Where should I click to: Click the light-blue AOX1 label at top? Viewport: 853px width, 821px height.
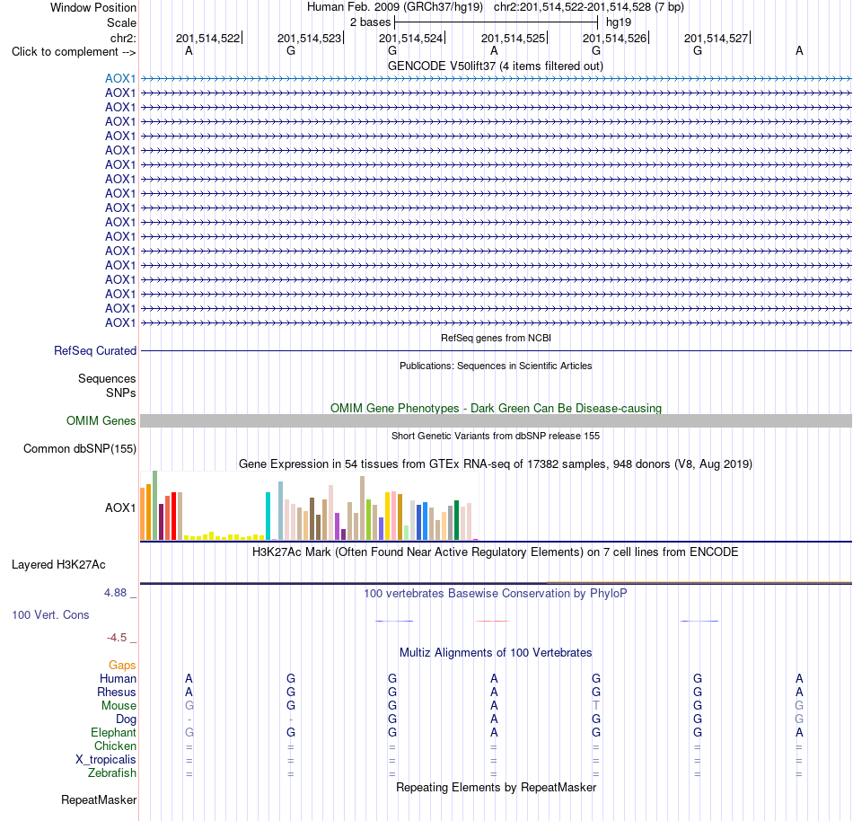coord(120,79)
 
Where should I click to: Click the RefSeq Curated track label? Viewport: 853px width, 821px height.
coord(95,351)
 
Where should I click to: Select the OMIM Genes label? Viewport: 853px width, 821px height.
coord(101,421)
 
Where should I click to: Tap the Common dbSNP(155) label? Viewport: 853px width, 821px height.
coord(80,449)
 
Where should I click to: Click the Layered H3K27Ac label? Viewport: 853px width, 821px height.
coord(58,565)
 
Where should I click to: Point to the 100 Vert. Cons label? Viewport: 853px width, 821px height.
coord(50,614)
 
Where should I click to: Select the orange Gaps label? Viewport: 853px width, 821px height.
coord(122,666)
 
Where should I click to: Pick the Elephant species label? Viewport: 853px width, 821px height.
coord(114,733)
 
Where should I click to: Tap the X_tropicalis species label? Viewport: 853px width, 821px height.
coord(106,760)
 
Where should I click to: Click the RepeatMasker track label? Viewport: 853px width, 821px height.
coord(99,800)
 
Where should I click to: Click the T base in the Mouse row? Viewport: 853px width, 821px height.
coord(596,706)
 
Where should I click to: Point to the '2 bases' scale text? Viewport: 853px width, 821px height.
coord(371,22)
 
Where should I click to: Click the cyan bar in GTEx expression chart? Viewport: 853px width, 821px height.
coord(268,516)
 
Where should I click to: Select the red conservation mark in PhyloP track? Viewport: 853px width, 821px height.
coord(493,621)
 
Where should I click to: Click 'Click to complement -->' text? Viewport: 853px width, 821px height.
coord(74,52)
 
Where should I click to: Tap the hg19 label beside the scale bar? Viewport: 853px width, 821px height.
coord(619,22)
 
